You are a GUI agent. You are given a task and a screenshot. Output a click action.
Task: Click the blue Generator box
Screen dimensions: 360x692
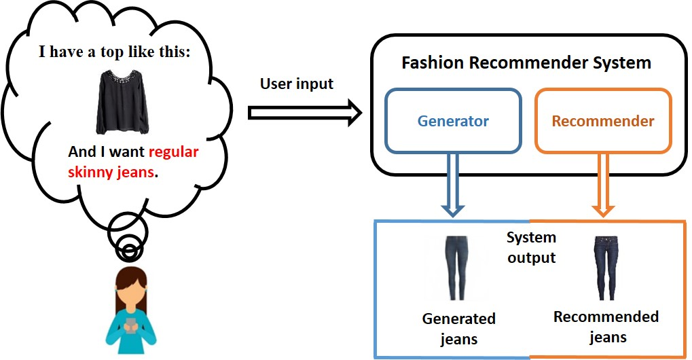(x=453, y=122)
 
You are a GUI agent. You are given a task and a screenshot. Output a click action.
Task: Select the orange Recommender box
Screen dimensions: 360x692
(x=603, y=122)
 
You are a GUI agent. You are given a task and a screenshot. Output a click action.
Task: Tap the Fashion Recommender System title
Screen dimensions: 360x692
(x=526, y=63)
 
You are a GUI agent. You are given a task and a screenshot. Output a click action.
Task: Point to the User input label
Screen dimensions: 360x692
(x=297, y=84)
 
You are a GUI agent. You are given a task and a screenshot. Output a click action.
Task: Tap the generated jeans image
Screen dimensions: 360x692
(x=453, y=267)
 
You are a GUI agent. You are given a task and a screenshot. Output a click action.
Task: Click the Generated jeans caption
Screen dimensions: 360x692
(x=459, y=328)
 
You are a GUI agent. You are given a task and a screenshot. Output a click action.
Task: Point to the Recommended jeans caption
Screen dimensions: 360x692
(x=606, y=327)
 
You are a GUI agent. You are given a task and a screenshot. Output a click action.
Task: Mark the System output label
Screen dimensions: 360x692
(x=531, y=248)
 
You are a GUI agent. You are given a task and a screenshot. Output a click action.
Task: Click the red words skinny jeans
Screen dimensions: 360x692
(x=111, y=172)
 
